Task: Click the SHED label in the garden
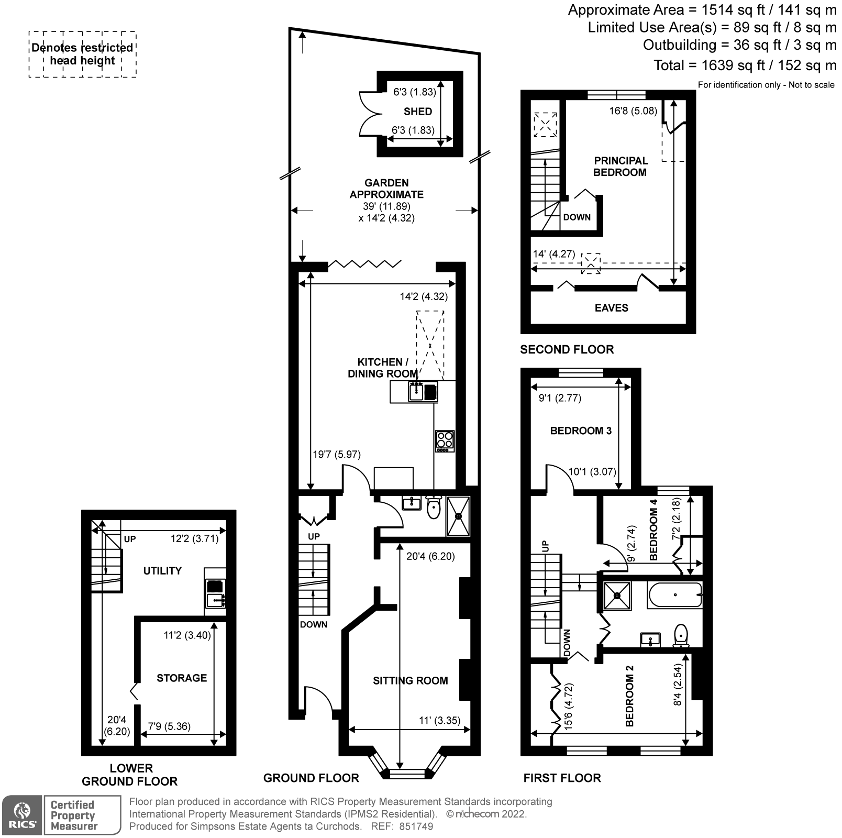417,112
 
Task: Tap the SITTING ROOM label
410,680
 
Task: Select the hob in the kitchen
445,441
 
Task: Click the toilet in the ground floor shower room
434,508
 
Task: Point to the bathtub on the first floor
674,596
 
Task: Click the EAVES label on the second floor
611,308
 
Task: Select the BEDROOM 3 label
580,431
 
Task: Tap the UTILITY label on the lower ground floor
162,571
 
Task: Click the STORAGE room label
182,678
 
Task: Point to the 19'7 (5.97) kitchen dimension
337,454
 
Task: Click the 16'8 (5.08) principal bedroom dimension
633,111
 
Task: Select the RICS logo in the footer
23,815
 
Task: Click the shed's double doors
369,114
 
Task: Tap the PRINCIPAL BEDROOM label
620,167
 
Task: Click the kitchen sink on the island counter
416,391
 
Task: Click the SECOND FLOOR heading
567,349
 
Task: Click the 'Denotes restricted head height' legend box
82,54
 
